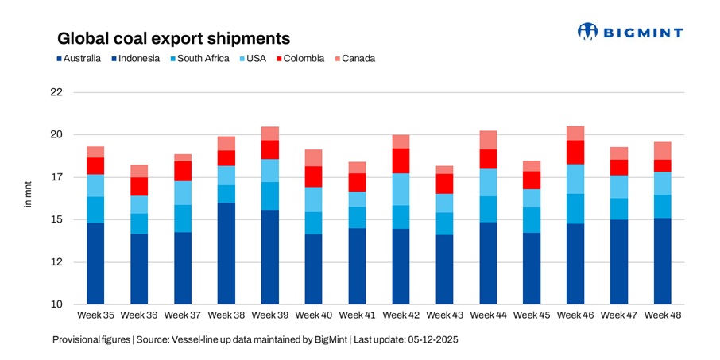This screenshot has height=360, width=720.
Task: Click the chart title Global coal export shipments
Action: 172,37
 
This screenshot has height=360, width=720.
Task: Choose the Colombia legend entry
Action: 299,58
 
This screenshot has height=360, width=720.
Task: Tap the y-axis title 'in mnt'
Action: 27,196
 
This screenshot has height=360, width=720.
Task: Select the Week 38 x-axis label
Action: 226,316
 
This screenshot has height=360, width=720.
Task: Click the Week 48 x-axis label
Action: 663,316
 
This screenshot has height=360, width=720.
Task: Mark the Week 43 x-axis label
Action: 444,316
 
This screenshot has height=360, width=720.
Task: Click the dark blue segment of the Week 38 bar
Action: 226,254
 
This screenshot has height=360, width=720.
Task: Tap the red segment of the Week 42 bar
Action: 401,161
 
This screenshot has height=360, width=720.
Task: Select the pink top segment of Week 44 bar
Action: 488,140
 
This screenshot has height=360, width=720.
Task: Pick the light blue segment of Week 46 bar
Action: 575,179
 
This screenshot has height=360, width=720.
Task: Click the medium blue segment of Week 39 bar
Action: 270,195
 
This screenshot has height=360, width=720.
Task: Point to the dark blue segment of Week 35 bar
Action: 95,263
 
